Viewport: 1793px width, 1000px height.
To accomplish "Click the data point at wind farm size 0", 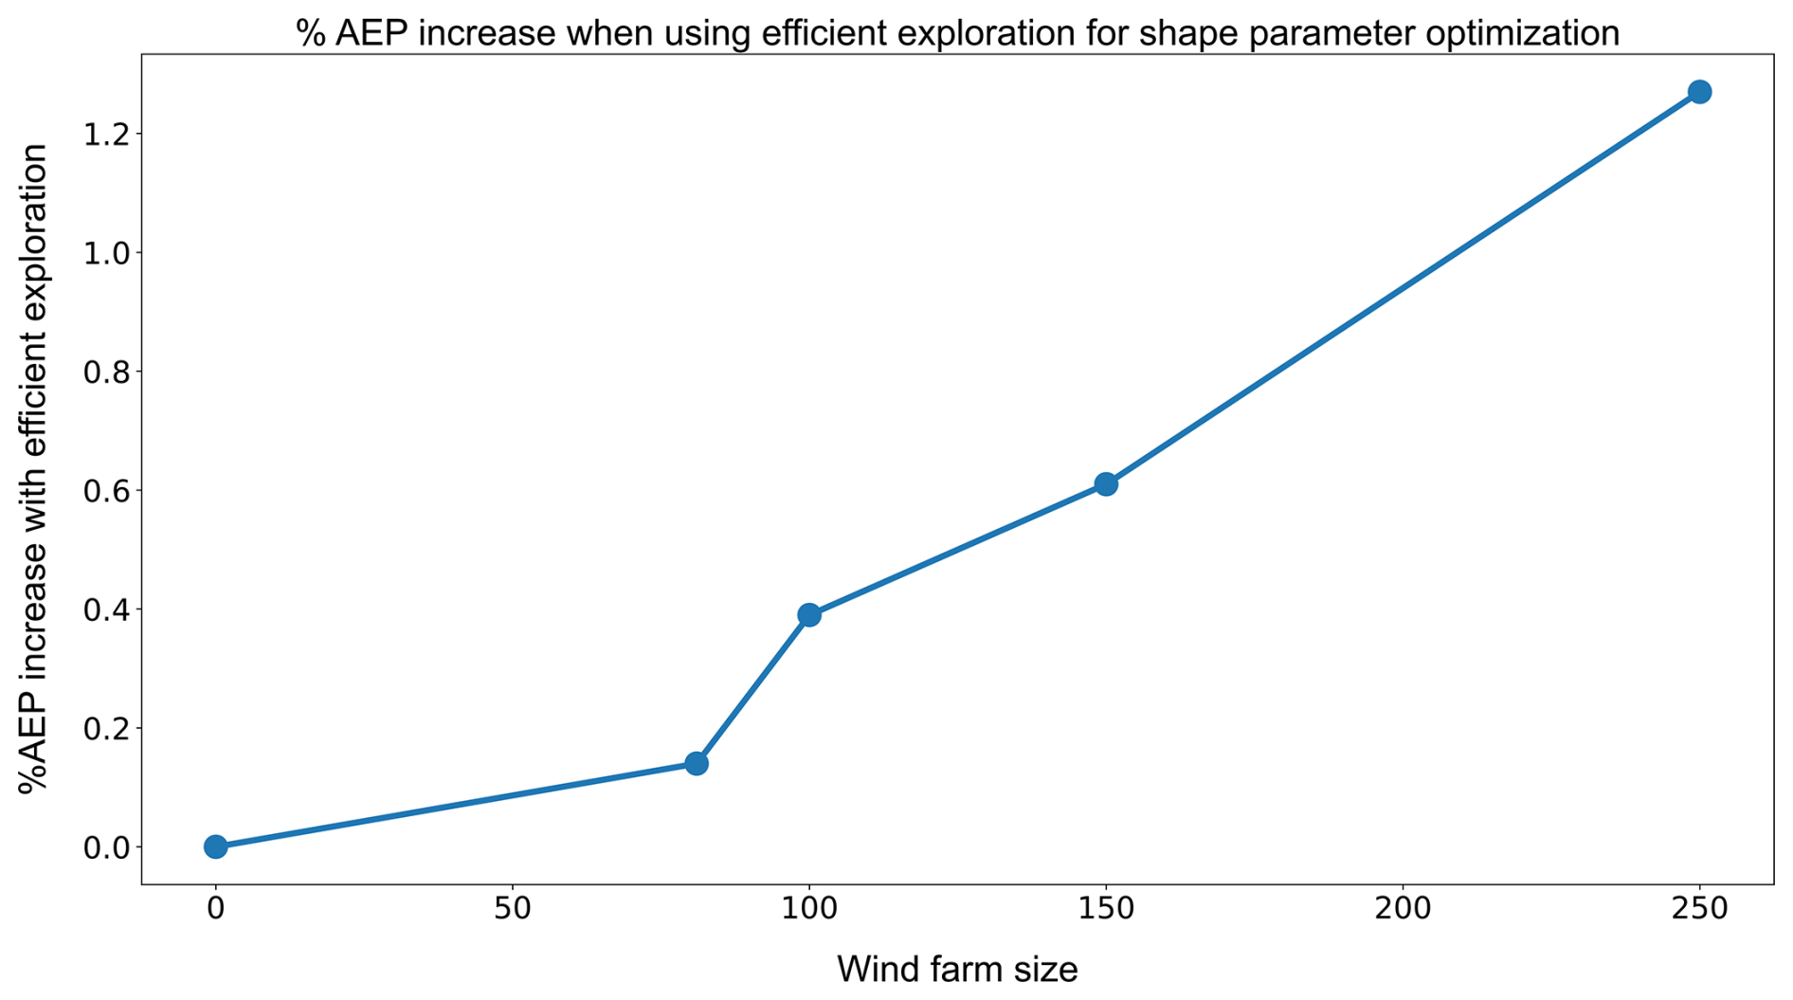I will [x=216, y=846].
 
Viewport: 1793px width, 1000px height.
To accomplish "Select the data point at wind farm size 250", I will [x=1699, y=92].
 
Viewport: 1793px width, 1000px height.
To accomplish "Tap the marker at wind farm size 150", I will [x=1106, y=484].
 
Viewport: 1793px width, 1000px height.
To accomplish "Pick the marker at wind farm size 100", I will [x=809, y=615].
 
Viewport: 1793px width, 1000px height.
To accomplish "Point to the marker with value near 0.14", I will [x=697, y=763].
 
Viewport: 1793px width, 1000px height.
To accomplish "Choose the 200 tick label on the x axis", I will [x=1403, y=909].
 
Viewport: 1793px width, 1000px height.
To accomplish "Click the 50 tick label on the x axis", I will [x=513, y=909].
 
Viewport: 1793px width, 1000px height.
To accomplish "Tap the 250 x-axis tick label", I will [x=1699, y=909].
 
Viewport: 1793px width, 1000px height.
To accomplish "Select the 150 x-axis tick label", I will [x=1106, y=909].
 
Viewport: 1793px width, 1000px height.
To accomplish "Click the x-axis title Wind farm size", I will [x=957, y=970].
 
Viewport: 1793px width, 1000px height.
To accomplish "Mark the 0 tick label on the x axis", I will [x=216, y=909].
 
